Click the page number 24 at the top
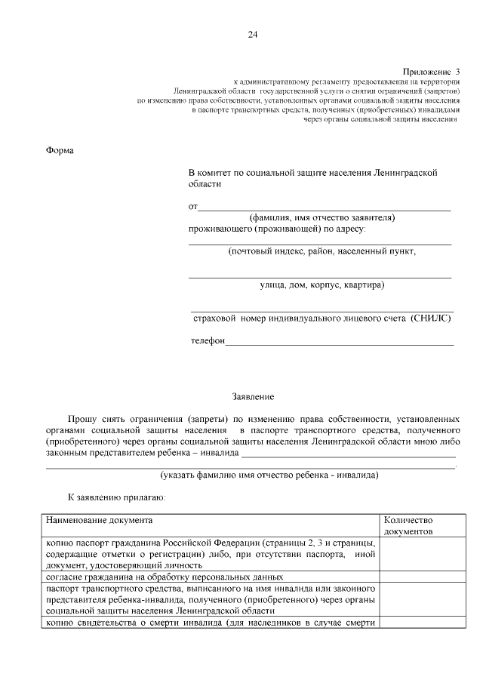(x=252, y=35)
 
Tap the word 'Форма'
(x=60, y=149)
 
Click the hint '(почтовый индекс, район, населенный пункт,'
(x=321, y=251)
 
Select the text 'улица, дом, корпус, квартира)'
(x=321, y=285)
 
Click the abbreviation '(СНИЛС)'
(x=431, y=319)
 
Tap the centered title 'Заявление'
(x=252, y=396)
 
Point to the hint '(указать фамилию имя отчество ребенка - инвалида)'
(x=269, y=475)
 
